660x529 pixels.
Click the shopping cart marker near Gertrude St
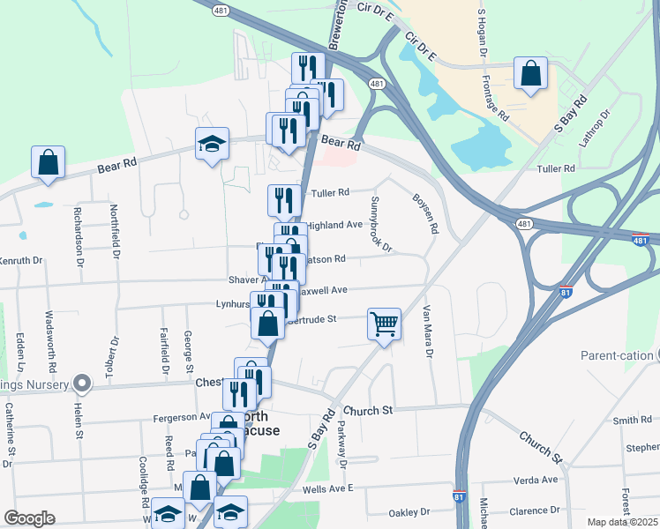point(384,324)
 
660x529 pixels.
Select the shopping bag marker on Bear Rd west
point(48,162)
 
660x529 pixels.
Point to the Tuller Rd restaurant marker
point(284,200)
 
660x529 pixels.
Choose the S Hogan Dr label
point(483,33)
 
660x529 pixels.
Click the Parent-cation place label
point(617,355)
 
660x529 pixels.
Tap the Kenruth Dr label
point(21,261)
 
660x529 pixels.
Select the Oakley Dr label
point(409,512)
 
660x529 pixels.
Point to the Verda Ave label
point(537,481)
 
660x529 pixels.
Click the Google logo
point(29,518)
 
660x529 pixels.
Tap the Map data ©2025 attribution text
point(623,522)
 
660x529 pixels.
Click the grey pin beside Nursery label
point(82,384)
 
